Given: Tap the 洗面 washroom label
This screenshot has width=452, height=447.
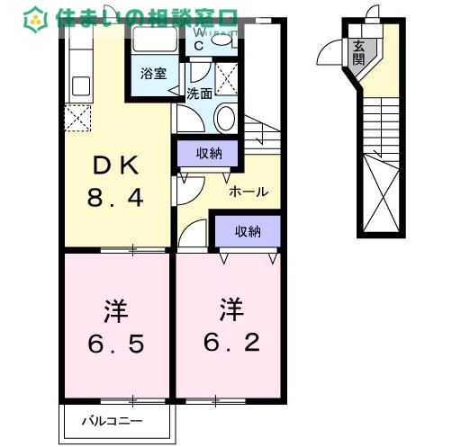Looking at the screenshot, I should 199,93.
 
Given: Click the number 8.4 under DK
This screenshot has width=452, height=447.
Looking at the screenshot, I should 113,197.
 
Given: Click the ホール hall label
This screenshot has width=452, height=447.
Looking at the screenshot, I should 248,192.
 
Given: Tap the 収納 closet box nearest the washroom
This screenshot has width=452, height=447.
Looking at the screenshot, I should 207,153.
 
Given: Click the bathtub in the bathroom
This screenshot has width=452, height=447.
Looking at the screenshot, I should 154,41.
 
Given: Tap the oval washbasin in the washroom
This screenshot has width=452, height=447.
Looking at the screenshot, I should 226,118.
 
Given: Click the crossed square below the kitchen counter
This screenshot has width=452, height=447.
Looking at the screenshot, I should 78,117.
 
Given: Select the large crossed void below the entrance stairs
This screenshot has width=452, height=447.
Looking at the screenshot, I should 378,193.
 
